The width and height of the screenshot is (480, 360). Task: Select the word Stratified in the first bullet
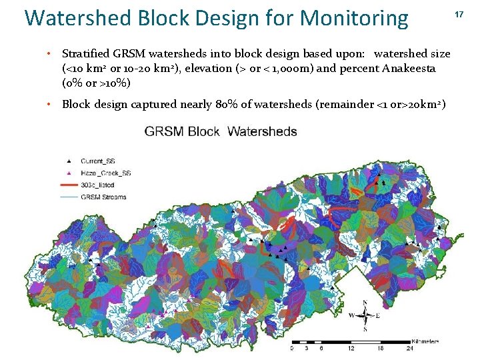click(85, 53)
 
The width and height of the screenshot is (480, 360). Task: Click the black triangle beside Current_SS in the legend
click(69, 161)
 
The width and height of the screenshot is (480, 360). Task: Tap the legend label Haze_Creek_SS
click(105, 173)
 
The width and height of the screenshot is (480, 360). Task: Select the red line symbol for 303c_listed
click(69, 185)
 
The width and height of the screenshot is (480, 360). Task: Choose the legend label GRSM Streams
click(103, 197)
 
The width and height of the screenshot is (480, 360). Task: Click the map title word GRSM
click(164, 131)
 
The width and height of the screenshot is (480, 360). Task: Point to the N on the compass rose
click(365, 303)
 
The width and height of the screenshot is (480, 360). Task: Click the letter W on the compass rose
click(351, 315)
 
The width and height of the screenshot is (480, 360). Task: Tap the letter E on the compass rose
click(377, 315)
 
